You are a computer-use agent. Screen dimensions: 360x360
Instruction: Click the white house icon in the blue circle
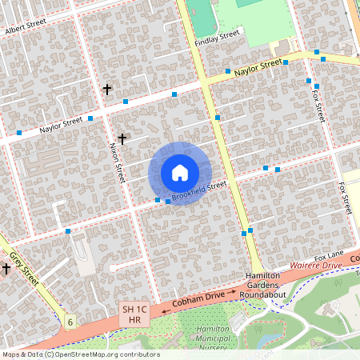pos(180,173)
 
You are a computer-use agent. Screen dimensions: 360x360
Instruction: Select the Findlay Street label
pos(217,38)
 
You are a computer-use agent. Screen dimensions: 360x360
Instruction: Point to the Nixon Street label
pos(118,160)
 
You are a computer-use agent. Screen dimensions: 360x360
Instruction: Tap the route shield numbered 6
pos(70,322)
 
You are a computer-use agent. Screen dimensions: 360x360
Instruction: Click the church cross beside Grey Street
pos(6,269)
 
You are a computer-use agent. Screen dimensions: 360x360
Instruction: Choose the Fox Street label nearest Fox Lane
pos(345,198)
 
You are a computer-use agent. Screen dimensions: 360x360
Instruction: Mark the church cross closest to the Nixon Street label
pos(122,138)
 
